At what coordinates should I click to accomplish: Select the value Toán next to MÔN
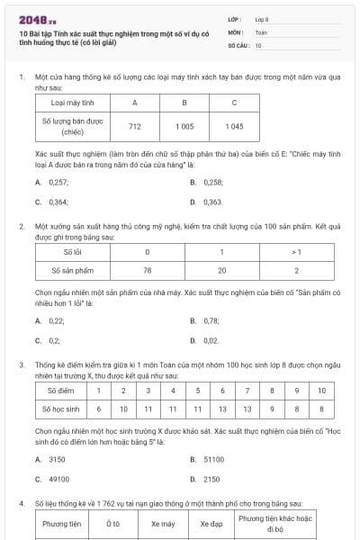261,31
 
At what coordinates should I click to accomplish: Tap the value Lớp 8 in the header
262,19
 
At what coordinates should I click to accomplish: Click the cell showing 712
135,126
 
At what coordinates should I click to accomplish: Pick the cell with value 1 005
184,126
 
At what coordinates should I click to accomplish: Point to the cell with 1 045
234,126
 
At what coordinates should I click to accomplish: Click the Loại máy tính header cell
72,103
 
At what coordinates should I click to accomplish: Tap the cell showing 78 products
147,269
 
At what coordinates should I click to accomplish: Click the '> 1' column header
297,253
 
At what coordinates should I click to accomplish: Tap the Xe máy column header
163,523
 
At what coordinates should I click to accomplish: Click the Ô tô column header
112,523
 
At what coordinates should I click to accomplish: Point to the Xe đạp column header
211,523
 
